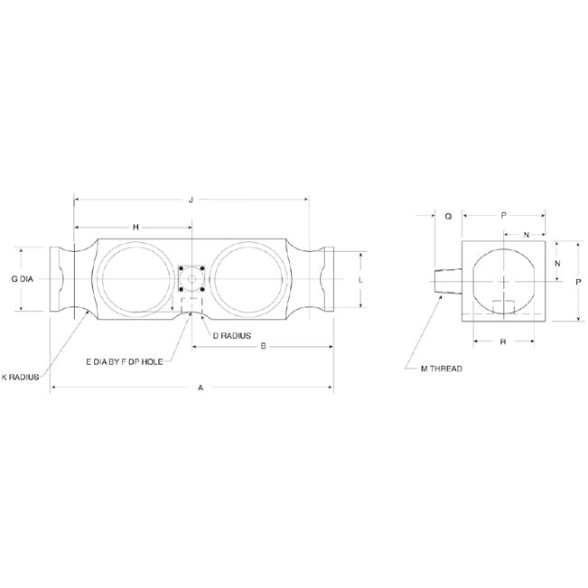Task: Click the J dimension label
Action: click(191, 200)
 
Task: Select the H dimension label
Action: click(135, 227)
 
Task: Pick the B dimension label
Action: click(263, 346)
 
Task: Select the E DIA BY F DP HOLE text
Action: click(125, 361)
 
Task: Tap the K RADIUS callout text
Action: click(20, 377)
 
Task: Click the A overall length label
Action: click(201, 387)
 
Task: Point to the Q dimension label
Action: click(448, 216)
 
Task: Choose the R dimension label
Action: click(502, 342)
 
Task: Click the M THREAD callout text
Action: click(442, 369)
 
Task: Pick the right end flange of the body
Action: click(324, 279)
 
